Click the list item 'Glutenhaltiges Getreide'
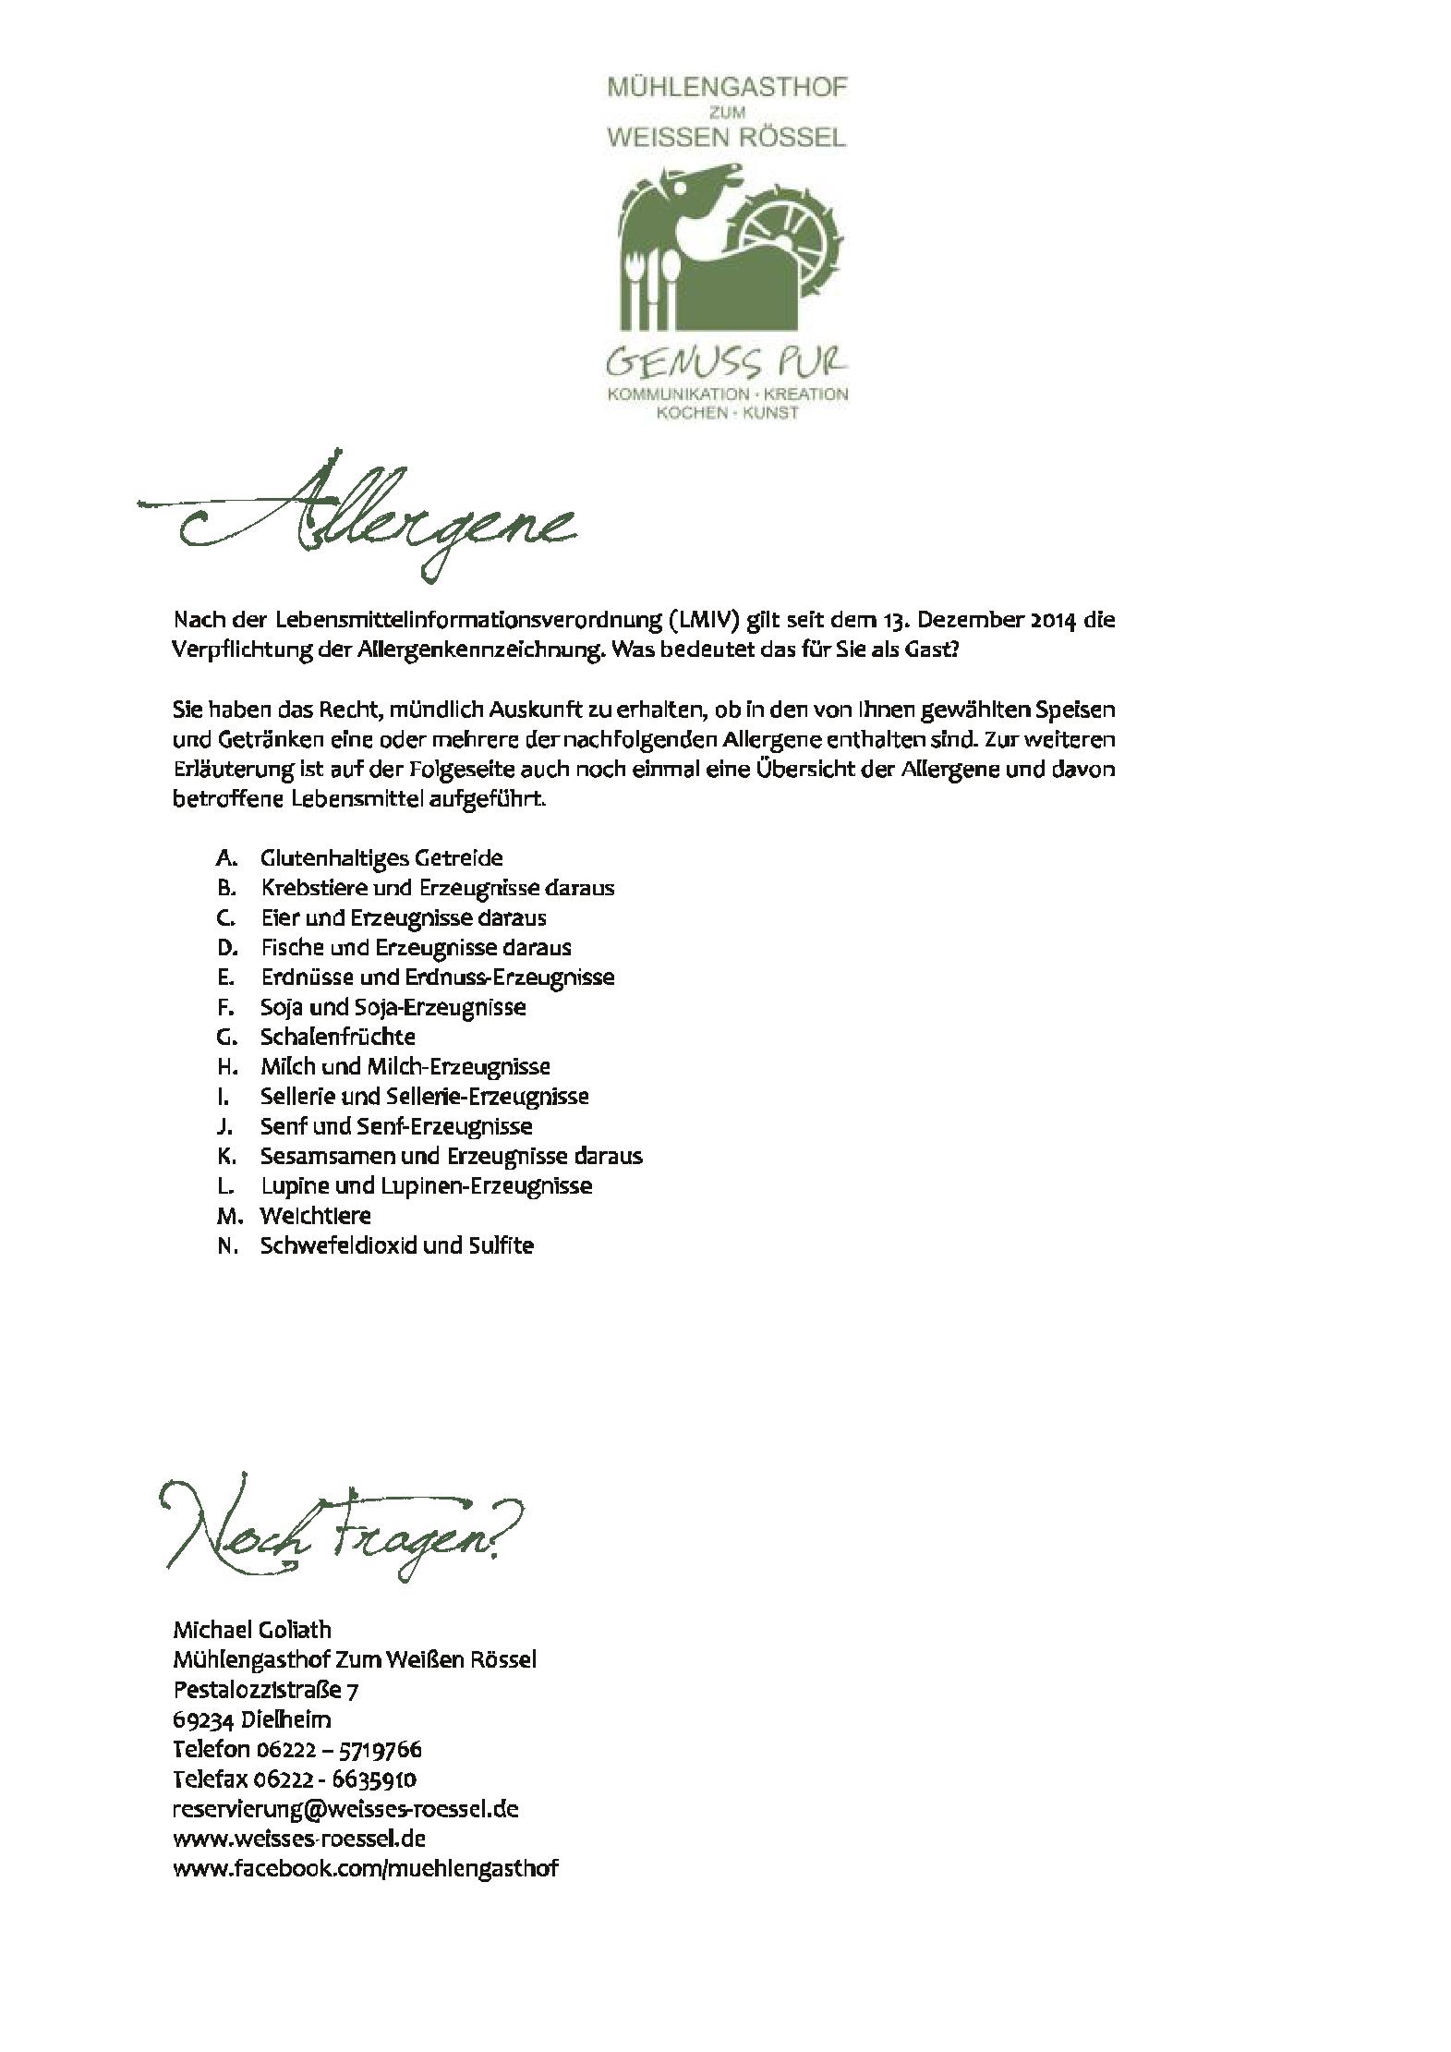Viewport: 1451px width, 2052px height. coord(381,857)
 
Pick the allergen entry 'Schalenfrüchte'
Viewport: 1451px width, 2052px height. coord(337,1036)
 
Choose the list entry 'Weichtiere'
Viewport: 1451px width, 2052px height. coord(315,1215)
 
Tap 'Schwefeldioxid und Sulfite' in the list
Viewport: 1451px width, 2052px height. coord(396,1245)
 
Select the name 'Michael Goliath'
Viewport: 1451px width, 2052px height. coord(251,1630)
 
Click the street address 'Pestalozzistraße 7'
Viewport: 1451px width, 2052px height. coord(265,1690)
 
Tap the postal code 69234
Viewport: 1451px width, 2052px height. coord(203,1719)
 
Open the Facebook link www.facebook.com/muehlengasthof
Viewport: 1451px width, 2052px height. coord(365,1868)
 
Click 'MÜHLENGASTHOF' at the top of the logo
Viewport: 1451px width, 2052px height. coord(726,88)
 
